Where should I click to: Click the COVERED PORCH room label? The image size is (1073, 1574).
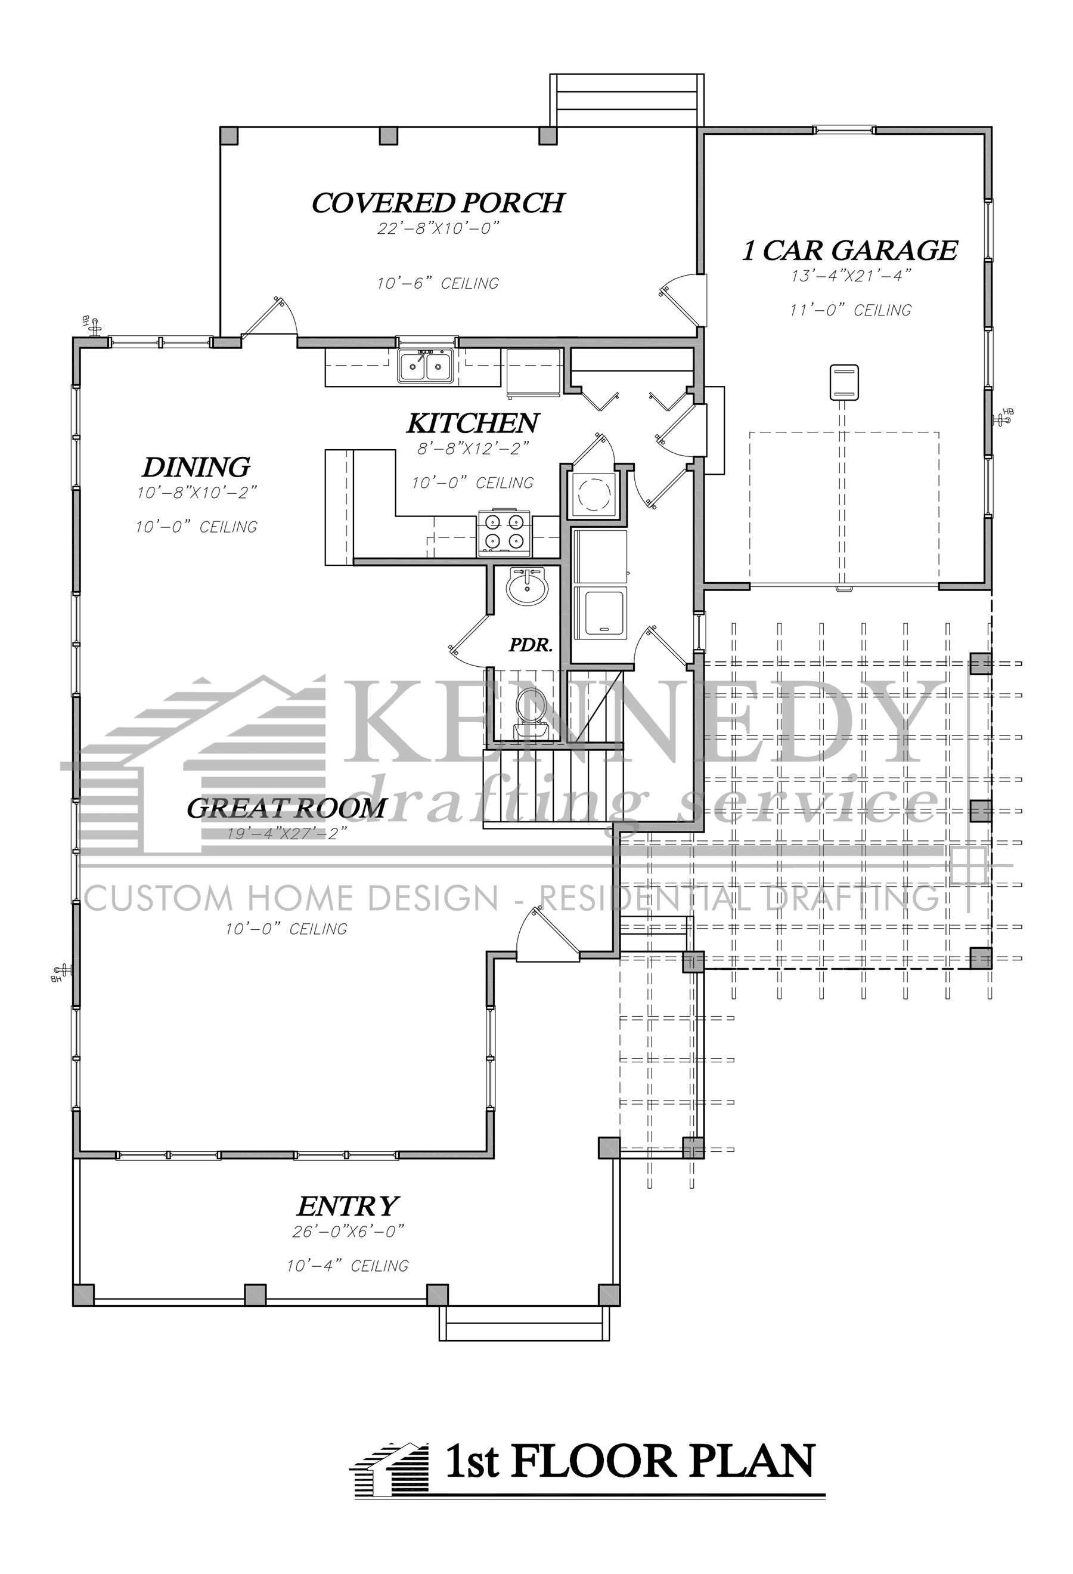(438, 203)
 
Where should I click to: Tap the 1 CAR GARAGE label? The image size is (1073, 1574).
(850, 251)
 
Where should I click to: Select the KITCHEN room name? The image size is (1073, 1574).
(473, 423)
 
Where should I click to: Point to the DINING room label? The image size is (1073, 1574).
(196, 468)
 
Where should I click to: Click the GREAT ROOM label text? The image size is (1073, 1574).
(286, 808)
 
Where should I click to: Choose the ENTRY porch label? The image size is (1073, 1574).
(348, 1206)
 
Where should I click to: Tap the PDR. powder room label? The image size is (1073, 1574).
(531, 645)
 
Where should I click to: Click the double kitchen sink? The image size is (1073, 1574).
(426, 366)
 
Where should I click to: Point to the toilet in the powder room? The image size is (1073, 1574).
(530, 709)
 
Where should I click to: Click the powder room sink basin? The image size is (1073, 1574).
(528, 586)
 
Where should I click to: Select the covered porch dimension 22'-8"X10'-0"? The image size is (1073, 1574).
(438, 229)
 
